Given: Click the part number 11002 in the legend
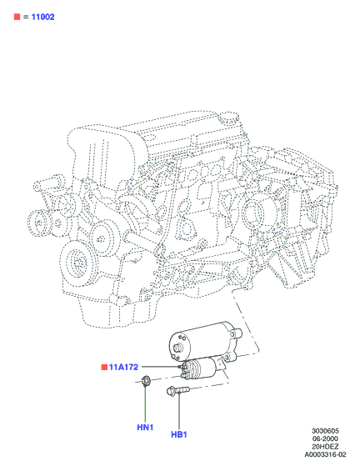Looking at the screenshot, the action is pyautogui.click(x=43, y=17).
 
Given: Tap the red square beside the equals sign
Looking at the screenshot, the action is pyautogui.click(x=17, y=17).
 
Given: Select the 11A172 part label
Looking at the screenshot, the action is pyautogui.click(x=123, y=367).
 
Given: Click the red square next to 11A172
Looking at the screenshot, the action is pyautogui.click(x=104, y=367).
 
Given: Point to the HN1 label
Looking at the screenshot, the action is pyautogui.click(x=145, y=427).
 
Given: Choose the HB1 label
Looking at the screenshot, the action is pyautogui.click(x=179, y=434).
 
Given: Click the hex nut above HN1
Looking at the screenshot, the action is pyautogui.click(x=146, y=381).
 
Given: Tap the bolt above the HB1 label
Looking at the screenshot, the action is pyautogui.click(x=177, y=390).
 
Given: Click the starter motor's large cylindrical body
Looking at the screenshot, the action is pyautogui.click(x=200, y=342).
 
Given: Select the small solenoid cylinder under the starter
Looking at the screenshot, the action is pyautogui.click(x=198, y=368).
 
